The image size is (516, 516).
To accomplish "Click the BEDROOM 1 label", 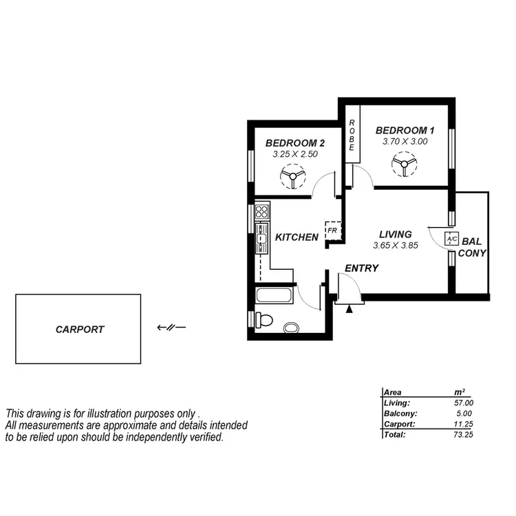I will [405, 130].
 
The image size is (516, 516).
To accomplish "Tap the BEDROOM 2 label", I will [294, 143].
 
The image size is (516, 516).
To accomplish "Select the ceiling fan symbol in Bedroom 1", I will [401, 165].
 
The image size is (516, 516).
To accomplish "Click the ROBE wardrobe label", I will [352, 136].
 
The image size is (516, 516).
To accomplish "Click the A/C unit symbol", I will [451, 239].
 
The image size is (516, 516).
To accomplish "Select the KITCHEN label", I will [297, 237].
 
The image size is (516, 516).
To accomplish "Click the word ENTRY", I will [361, 268].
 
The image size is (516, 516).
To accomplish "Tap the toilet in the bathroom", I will [265, 320].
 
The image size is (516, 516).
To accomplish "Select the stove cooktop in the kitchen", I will [262, 211].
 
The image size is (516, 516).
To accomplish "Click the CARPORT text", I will [80, 330].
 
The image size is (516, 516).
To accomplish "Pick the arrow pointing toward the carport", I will [171, 327].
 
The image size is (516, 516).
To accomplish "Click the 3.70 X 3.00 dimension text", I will [405, 141].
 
